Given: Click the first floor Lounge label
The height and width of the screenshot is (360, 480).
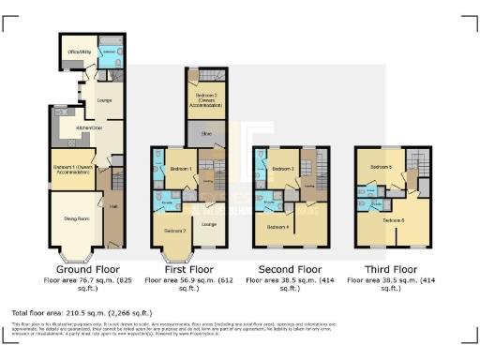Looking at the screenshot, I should pos(210,224).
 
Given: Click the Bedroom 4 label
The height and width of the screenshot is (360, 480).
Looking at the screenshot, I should pos(278,227).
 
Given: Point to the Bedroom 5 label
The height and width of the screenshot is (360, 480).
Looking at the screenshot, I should pos(381,168).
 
